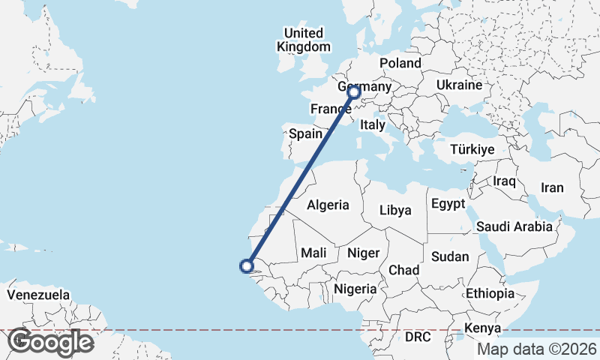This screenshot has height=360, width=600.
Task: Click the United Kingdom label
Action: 303,40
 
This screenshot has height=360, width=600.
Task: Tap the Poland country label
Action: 400,63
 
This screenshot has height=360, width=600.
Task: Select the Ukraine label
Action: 458,85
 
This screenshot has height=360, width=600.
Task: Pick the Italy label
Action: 372,124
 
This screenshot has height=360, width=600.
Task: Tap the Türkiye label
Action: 472,150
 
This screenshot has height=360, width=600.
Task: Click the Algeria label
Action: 328,205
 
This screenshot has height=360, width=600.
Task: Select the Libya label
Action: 395,210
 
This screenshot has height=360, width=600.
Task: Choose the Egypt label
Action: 448,204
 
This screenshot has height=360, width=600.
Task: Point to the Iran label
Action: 552,187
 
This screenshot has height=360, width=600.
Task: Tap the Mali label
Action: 313,253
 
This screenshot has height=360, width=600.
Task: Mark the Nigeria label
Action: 355,289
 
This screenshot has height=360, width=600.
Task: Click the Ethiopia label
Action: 490,293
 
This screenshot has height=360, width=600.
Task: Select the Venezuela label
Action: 38,295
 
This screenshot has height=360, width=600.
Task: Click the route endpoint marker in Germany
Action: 354,93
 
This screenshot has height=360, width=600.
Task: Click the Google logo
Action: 50,342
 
